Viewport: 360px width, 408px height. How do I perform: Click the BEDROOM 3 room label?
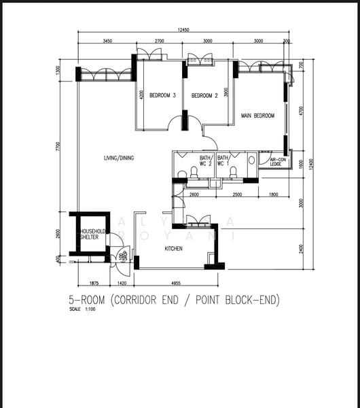(162, 96)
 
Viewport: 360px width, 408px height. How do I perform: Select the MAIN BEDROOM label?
(257, 116)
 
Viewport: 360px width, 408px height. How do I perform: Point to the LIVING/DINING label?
(119, 158)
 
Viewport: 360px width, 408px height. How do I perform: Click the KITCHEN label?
(173, 249)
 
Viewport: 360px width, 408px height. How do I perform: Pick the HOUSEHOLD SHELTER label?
(92, 234)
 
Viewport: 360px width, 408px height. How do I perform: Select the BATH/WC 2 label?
(205, 161)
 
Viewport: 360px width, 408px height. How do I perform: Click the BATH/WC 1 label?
(223, 161)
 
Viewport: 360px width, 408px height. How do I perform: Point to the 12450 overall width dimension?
(183, 29)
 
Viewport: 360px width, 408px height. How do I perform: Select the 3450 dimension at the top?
(107, 41)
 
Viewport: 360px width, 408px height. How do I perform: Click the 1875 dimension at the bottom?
(94, 283)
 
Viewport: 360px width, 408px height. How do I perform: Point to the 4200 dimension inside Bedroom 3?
(141, 95)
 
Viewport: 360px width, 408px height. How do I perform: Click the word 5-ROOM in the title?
(88, 300)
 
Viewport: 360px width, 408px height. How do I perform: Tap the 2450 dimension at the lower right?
(301, 248)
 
